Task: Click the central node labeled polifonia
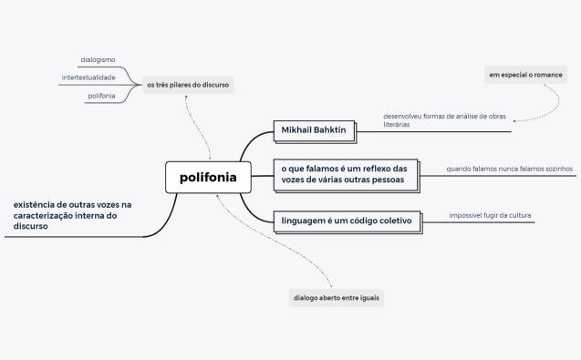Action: tap(208, 177)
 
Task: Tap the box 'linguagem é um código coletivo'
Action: tap(347, 221)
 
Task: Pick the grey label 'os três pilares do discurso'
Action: tap(189, 85)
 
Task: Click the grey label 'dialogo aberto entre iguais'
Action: tap(337, 298)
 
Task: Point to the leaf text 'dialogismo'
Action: tap(98, 60)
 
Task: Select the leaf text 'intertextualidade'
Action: tap(88, 77)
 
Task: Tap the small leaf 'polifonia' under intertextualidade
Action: tap(101, 96)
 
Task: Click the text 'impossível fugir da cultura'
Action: tap(490, 215)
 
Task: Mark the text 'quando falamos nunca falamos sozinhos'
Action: tap(509, 169)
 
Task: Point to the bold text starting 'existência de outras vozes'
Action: tap(73, 215)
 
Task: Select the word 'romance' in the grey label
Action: tap(545, 75)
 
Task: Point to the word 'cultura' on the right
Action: tap(519, 215)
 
